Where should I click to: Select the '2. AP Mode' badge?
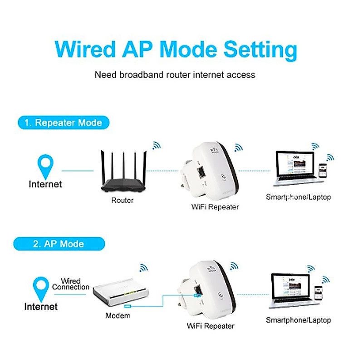[59, 244]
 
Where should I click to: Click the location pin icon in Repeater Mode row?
[45, 166]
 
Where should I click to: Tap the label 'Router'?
[123, 200]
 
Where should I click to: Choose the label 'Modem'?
[118, 315]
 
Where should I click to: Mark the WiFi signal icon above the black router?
[157, 145]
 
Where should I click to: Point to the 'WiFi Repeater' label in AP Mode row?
[211, 326]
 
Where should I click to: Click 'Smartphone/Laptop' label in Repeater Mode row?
[298, 197]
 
